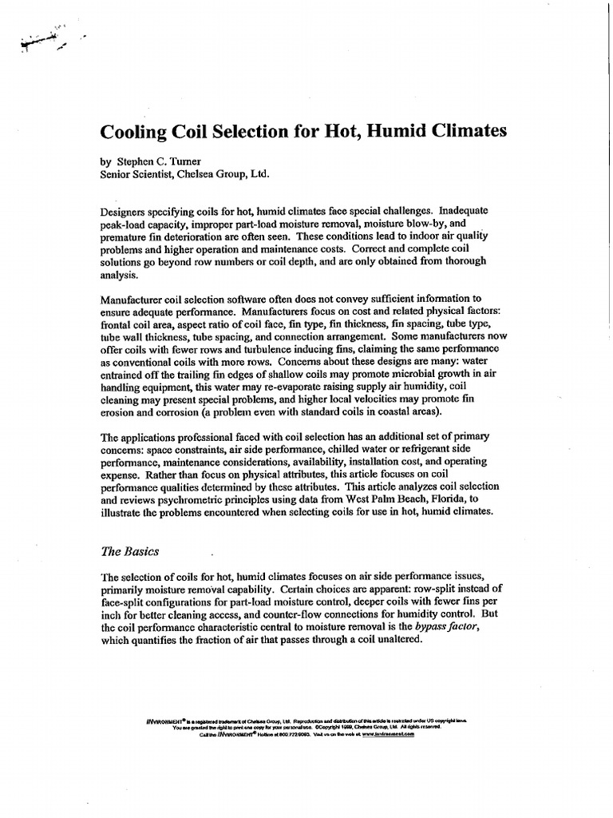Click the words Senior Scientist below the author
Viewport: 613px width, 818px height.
pos(139,173)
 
